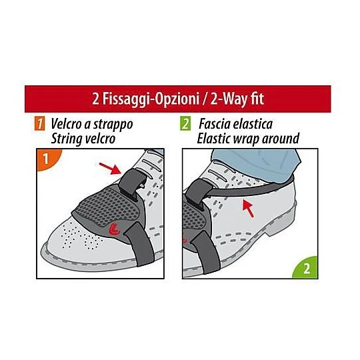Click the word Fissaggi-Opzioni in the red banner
tap(151, 99)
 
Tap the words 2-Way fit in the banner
tap(237, 99)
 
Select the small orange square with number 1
tap(40, 124)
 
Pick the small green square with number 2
tap(185, 123)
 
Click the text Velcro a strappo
tap(92, 125)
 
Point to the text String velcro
tap(83, 139)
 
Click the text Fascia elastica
tap(235, 124)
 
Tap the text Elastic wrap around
tap(248, 139)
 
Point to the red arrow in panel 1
tap(110, 168)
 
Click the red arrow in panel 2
tap(249, 208)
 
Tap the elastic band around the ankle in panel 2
tap(250, 187)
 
